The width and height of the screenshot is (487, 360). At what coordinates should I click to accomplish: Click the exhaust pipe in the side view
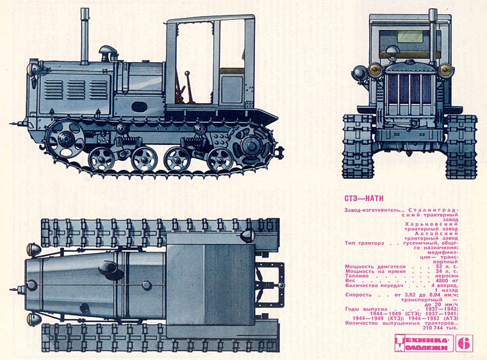[x=85, y=35]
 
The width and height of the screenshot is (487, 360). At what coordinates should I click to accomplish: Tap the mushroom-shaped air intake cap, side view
[x=107, y=51]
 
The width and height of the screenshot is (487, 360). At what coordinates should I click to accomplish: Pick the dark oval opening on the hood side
[x=138, y=104]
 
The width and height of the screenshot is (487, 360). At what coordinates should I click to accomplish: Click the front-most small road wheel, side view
[x=101, y=158]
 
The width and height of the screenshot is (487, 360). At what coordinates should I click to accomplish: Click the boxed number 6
[x=465, y=343]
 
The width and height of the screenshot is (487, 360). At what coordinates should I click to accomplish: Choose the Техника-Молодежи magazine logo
[x=423, y=343]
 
